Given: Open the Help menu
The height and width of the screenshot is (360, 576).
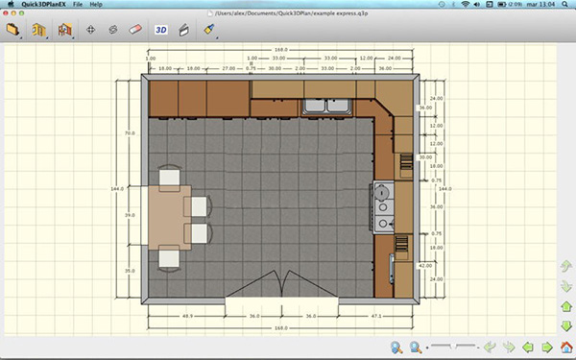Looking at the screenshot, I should point(96,5).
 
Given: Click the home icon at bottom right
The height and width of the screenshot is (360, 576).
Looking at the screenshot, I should point(566,347).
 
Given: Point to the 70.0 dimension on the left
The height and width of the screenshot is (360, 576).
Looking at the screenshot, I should point(130,132).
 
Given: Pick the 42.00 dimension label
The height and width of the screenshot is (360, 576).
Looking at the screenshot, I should point(424,262).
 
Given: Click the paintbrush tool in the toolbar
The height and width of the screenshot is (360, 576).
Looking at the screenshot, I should point(208,30).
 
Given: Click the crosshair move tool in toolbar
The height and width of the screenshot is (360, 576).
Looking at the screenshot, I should point(90,30).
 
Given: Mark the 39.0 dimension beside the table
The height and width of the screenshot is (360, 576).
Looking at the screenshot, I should point(131,215).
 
